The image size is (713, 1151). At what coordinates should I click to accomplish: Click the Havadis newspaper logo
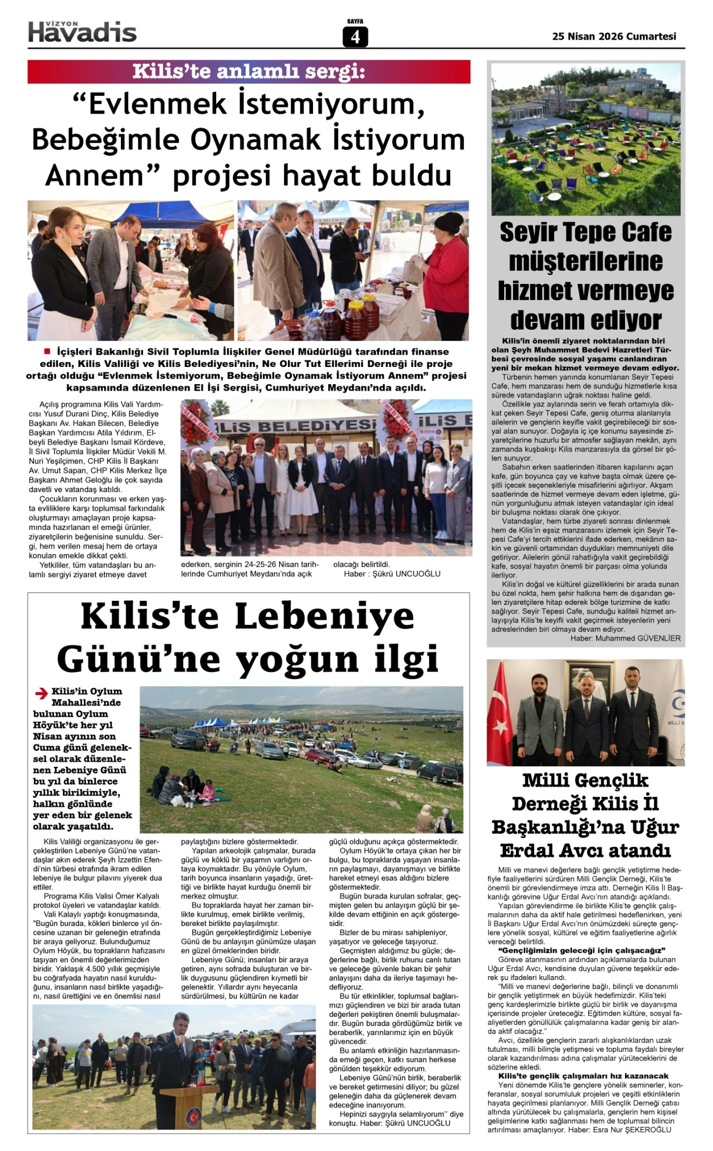[82, 32]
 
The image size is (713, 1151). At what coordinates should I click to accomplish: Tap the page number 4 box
[355, 37]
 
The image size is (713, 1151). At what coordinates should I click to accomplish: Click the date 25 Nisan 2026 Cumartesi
[614, 36]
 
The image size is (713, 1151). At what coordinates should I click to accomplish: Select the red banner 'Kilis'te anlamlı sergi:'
[249, 72]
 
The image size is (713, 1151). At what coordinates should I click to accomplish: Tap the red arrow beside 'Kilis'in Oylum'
[41, 693]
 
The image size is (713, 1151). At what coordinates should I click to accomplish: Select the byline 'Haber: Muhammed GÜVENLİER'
[625, 638]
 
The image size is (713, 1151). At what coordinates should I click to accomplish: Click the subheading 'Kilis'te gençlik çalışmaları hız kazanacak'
[583, 1076]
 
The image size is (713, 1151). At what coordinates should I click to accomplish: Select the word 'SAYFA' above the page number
[355, 22]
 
